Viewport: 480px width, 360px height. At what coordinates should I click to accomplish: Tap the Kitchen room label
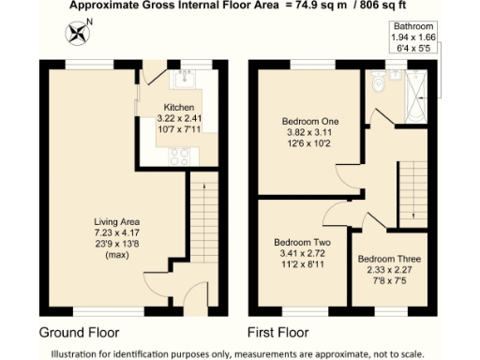click(179, 107)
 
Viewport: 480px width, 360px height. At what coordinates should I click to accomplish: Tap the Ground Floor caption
click(82, 332)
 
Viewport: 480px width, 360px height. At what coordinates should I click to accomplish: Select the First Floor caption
click(279, 332)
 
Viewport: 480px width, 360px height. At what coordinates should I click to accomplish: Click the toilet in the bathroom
click(377, 84)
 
